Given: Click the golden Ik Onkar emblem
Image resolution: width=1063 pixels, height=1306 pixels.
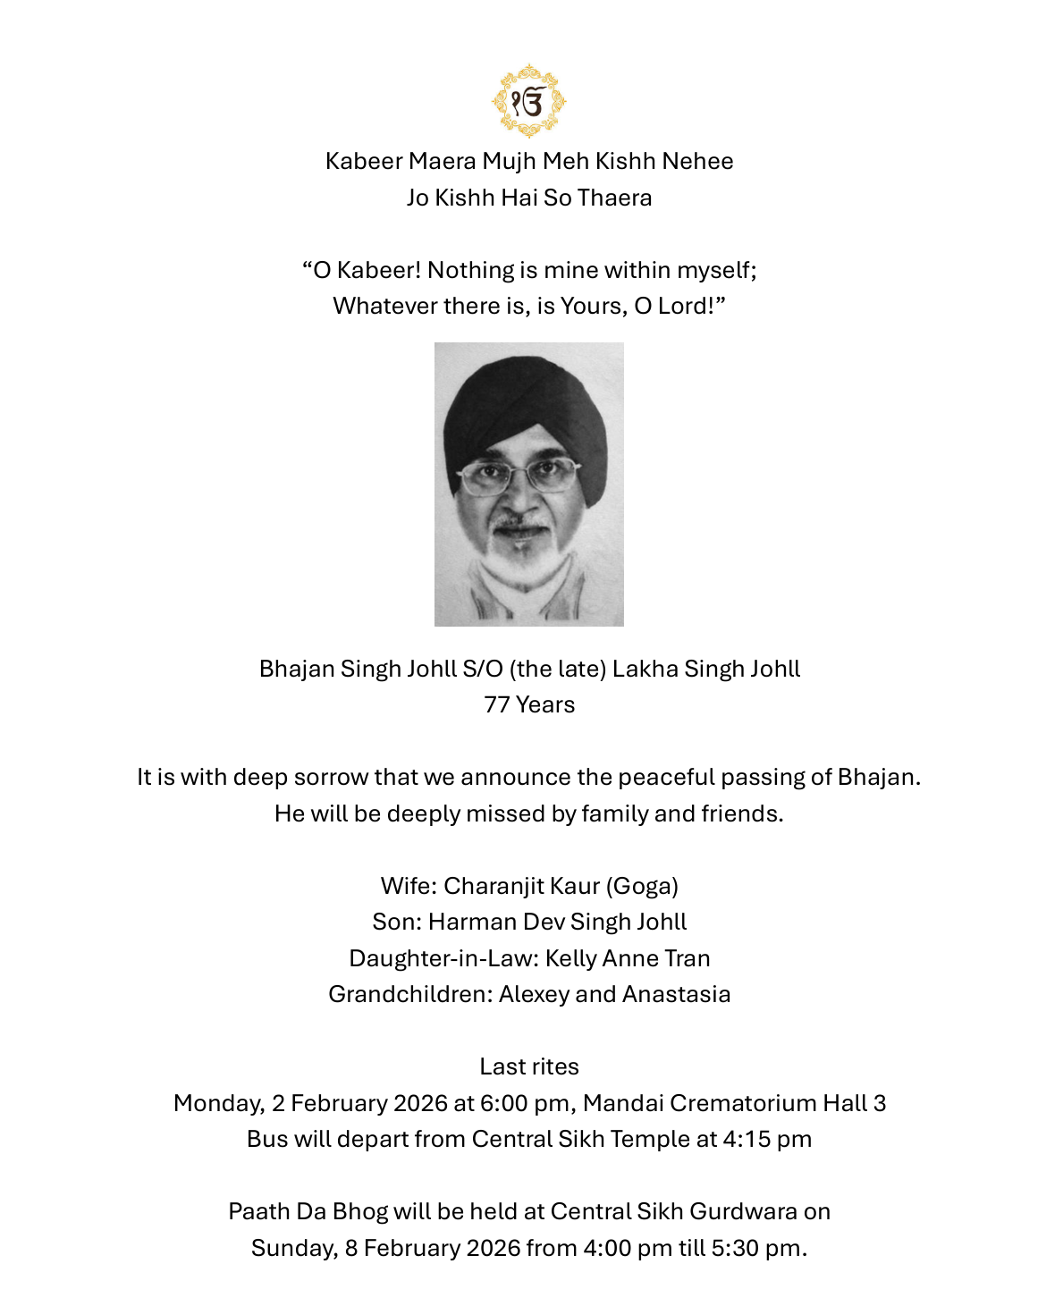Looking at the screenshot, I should point(529,101).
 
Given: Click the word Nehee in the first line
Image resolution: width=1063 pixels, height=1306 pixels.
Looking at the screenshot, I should point(700,161).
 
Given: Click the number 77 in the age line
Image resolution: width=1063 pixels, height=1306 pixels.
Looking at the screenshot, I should point(496,704).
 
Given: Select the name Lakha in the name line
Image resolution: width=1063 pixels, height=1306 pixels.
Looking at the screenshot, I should point(640,669).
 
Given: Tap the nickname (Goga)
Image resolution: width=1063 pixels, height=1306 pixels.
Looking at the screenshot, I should point(642,886).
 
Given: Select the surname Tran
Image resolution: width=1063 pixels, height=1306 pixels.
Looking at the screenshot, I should point(687,958).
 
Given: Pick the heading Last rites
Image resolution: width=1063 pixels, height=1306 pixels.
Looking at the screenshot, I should point(529,1066).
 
